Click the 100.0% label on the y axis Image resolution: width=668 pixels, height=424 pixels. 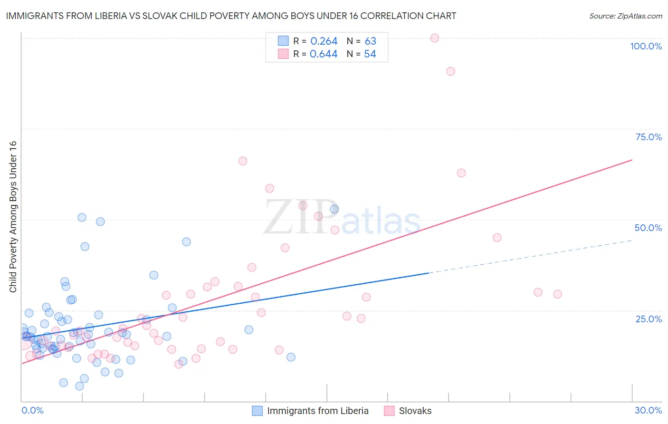(x=646, y=46)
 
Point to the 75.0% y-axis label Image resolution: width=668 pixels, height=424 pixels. (x=649, y=137)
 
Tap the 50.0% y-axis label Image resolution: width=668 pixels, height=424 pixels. (x=648, y=228)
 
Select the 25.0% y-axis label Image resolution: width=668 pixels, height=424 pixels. (x=649, y=318)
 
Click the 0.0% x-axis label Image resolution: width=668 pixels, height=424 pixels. (x=32, y=410)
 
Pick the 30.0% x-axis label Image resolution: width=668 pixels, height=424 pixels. (x=648, y=410)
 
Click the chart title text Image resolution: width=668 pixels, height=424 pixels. (x=231, y=16)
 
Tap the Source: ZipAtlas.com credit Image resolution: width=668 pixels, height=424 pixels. (x=625, y=16)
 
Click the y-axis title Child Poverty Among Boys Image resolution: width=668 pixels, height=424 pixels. (x=13, y=217)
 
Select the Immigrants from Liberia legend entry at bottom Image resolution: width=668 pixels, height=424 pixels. (x=317, y=411)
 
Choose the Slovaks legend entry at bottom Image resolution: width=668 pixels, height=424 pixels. (x=415, y=411)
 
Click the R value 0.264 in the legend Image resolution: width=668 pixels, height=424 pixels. (x=324, y=41)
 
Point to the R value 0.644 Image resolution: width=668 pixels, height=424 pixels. (x=324, y=54)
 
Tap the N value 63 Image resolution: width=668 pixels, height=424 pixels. (x=370, y=41)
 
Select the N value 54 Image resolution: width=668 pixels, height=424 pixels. (x=370, y=54)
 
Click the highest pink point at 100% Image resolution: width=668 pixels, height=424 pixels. (x=434, y=38)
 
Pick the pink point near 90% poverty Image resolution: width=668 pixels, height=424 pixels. (x=450, y=71)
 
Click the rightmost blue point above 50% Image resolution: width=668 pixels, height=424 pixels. (x=334, y=209)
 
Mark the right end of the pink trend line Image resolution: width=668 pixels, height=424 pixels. (x=632, y=160)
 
